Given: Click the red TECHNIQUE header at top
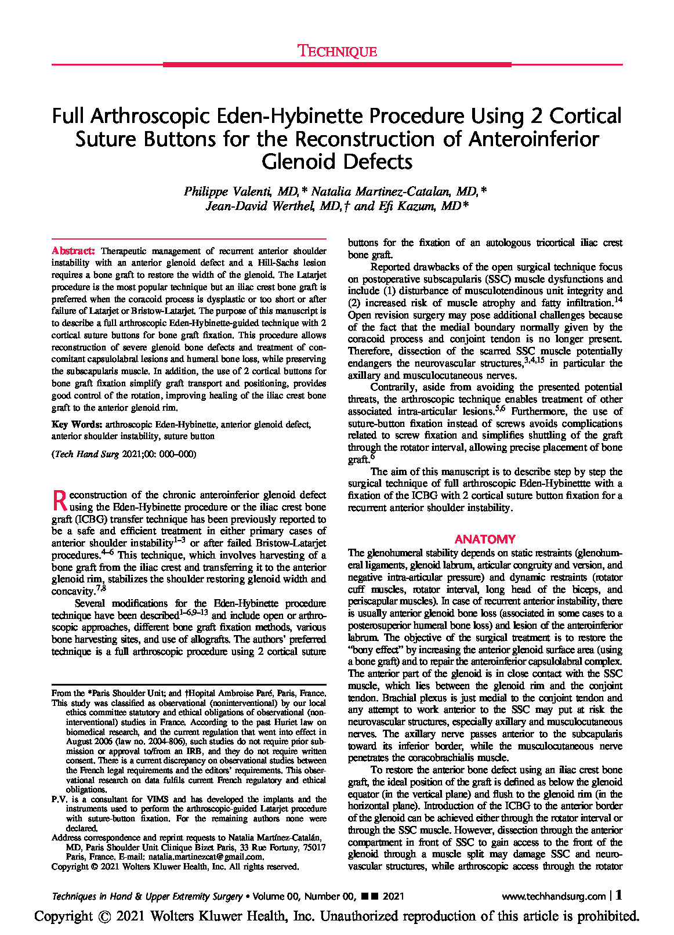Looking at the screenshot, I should tap(337, 51).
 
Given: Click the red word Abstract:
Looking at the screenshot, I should tap(73, 251).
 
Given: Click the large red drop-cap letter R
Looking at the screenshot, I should tap(60, 500).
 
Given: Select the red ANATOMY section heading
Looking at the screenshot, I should tap(485, 539).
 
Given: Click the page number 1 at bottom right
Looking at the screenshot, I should tap(619, 895).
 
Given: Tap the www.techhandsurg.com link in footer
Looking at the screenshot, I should tap(553, 896).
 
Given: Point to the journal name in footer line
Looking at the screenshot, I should tap(147, 896).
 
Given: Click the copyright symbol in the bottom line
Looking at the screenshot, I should tap(104, 917).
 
